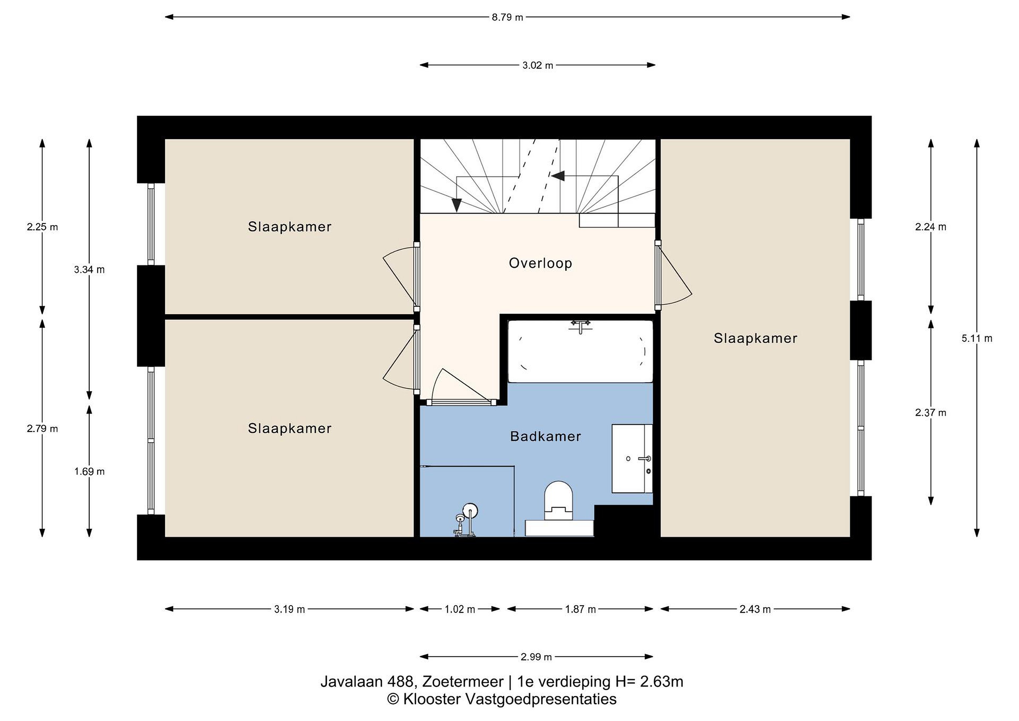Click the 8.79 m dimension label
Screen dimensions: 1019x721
tap(507, 17)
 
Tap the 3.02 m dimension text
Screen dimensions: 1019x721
tap(537, 65)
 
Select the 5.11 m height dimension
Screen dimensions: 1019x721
tap(977, 338)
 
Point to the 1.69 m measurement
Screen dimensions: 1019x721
tap(89, 471)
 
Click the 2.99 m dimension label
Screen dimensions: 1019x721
tap(536, 657)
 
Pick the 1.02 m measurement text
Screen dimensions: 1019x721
tap(460, 609)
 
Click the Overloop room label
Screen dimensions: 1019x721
tap(540, 263)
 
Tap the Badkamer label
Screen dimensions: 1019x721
tap(546, 436)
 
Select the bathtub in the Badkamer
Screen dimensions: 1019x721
tap(580, 351)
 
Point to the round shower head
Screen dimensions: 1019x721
tap(470, 511)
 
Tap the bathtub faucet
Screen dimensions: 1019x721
tap(581, 326)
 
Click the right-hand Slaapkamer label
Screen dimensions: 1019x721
tap(755, 338)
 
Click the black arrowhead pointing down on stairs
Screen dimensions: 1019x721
tap(456, 205)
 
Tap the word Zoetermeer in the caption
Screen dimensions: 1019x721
tap(463, 681)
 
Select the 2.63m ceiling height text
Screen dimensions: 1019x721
tap(662, 681)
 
